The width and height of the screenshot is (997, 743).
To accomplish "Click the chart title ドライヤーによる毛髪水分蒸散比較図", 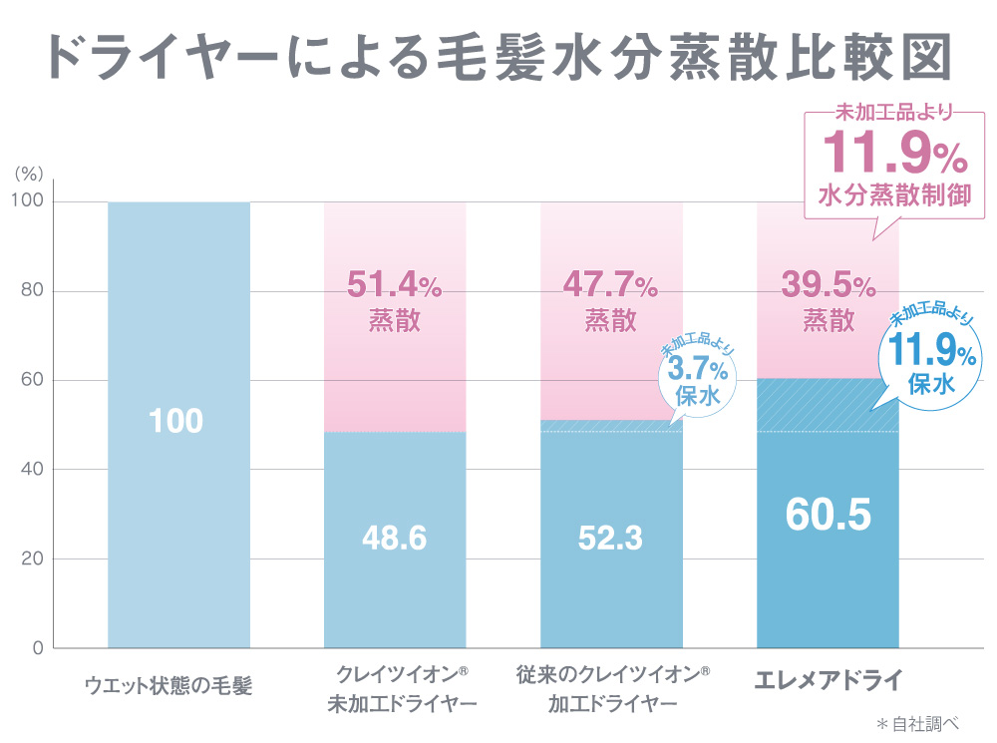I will click(x=498, y=58).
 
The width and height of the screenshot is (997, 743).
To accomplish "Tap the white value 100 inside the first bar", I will click(x=178, y=421).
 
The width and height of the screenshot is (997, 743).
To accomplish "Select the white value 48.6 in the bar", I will click(x=394, y=539).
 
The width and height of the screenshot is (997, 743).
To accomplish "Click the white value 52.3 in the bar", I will click(x=610, y=539).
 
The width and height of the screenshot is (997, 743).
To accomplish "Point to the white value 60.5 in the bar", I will click(x=828, y=515).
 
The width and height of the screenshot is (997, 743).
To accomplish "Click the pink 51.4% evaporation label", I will click(x=394, y=299).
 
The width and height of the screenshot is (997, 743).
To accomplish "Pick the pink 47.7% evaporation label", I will click(x=610, y=299).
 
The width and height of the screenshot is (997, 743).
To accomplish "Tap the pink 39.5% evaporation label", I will click(x=828, y=299).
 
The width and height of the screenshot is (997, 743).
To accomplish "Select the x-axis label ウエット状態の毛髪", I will click(x=168, y=686).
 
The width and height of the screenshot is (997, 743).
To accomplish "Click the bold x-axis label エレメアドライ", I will click(x=828, y=682).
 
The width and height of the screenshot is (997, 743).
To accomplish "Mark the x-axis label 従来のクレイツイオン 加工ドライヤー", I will click(x=612, y=688).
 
